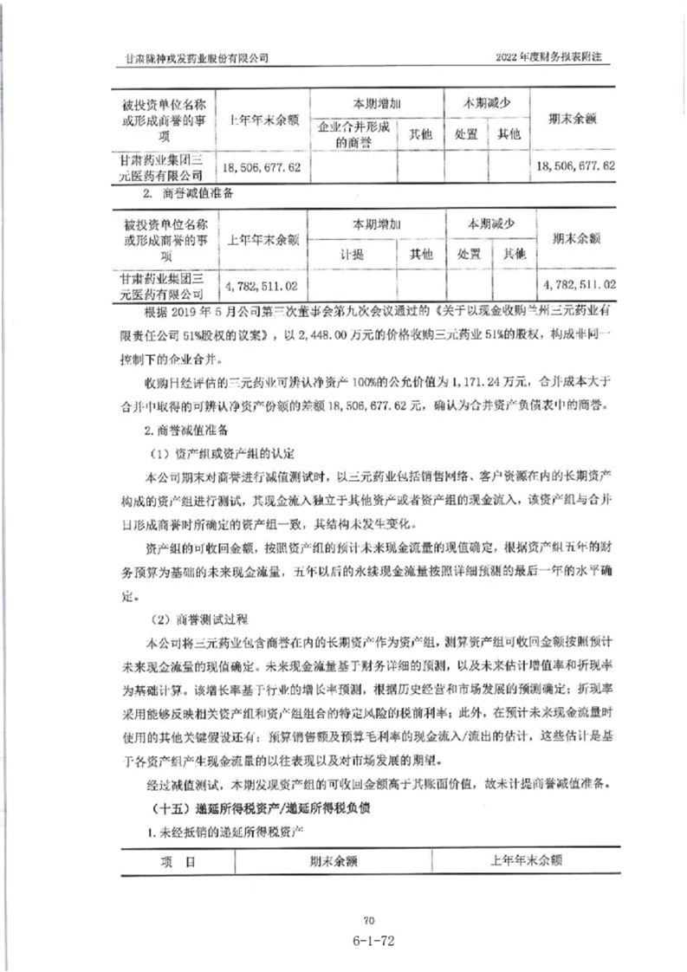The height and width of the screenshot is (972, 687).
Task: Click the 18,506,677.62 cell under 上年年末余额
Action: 261,165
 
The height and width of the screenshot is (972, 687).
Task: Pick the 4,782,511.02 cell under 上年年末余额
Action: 261,283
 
